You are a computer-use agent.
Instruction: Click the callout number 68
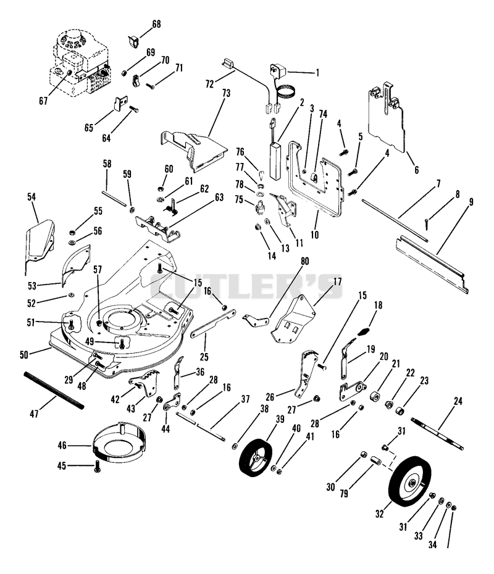156,24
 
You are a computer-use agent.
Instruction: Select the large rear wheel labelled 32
410,481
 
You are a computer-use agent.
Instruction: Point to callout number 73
226,93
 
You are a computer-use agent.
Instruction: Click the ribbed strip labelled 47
54,390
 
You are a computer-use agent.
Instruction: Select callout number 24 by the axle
458,401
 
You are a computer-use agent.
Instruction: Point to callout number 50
24,354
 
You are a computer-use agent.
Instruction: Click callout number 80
304,261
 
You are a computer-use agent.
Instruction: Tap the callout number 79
344,494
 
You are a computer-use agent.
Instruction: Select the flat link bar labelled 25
213,324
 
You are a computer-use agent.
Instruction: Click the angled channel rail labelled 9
432,264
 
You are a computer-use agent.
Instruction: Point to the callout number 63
219,198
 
